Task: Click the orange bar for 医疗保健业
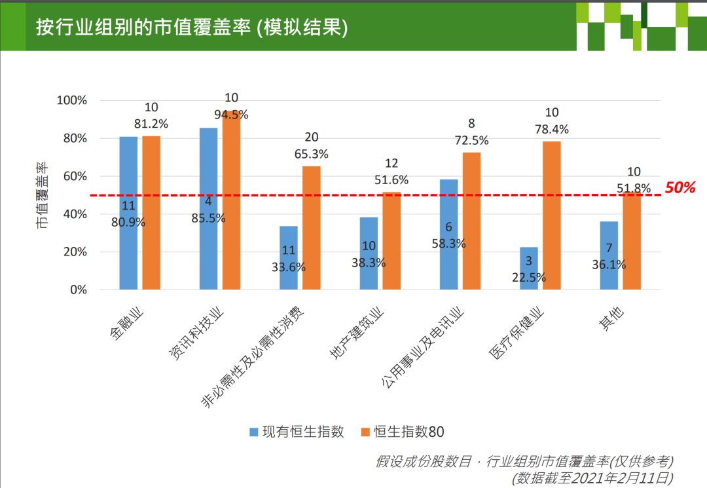click(552, 216)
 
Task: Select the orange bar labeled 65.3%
click(312, 229)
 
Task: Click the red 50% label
click(680, 188)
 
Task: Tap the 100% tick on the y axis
click(72, 100)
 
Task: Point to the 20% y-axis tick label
click(75, 252)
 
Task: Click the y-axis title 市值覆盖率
click(42, 195)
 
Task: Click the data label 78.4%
click(553, 129)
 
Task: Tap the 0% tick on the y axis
click(78, 290)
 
